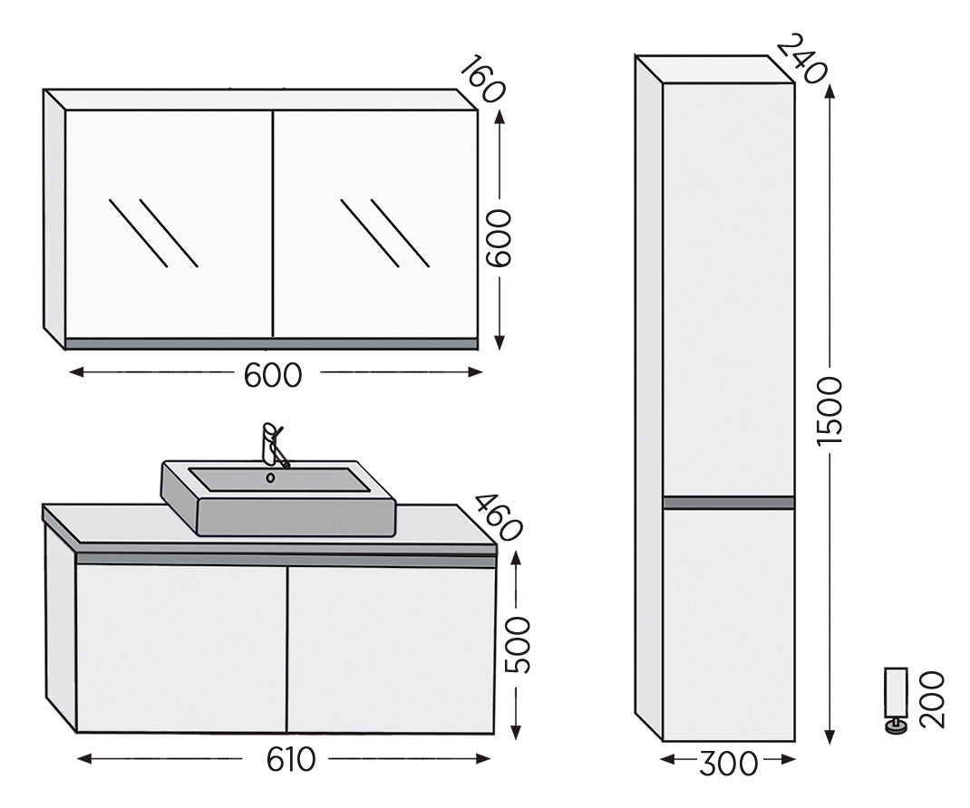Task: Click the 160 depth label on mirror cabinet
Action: pos(481,80)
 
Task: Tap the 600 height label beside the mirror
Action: pos(498,238)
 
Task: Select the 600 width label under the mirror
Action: pos(273,373)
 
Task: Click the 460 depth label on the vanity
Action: pos(498,517)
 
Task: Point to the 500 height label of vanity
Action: pos(518,645)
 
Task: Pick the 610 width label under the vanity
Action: pos(291,760)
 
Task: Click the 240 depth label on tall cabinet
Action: pos(802,59)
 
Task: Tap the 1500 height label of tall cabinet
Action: pos(829,409)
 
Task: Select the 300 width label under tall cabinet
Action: pos(728,764)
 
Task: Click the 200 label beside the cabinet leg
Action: pos(931,699)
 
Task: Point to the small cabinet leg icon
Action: pos(896,698)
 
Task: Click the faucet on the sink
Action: pos(272,443)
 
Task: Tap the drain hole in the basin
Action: pos(270,477)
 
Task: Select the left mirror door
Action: pos(169,224)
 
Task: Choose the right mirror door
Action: pos(374,224)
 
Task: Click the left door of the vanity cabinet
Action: pos(181,648)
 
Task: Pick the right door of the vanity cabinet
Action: pos(391,648)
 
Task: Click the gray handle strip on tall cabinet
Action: pos(728,503)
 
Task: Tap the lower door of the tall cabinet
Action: pos(728,625)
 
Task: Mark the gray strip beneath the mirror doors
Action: pos(271,344)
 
